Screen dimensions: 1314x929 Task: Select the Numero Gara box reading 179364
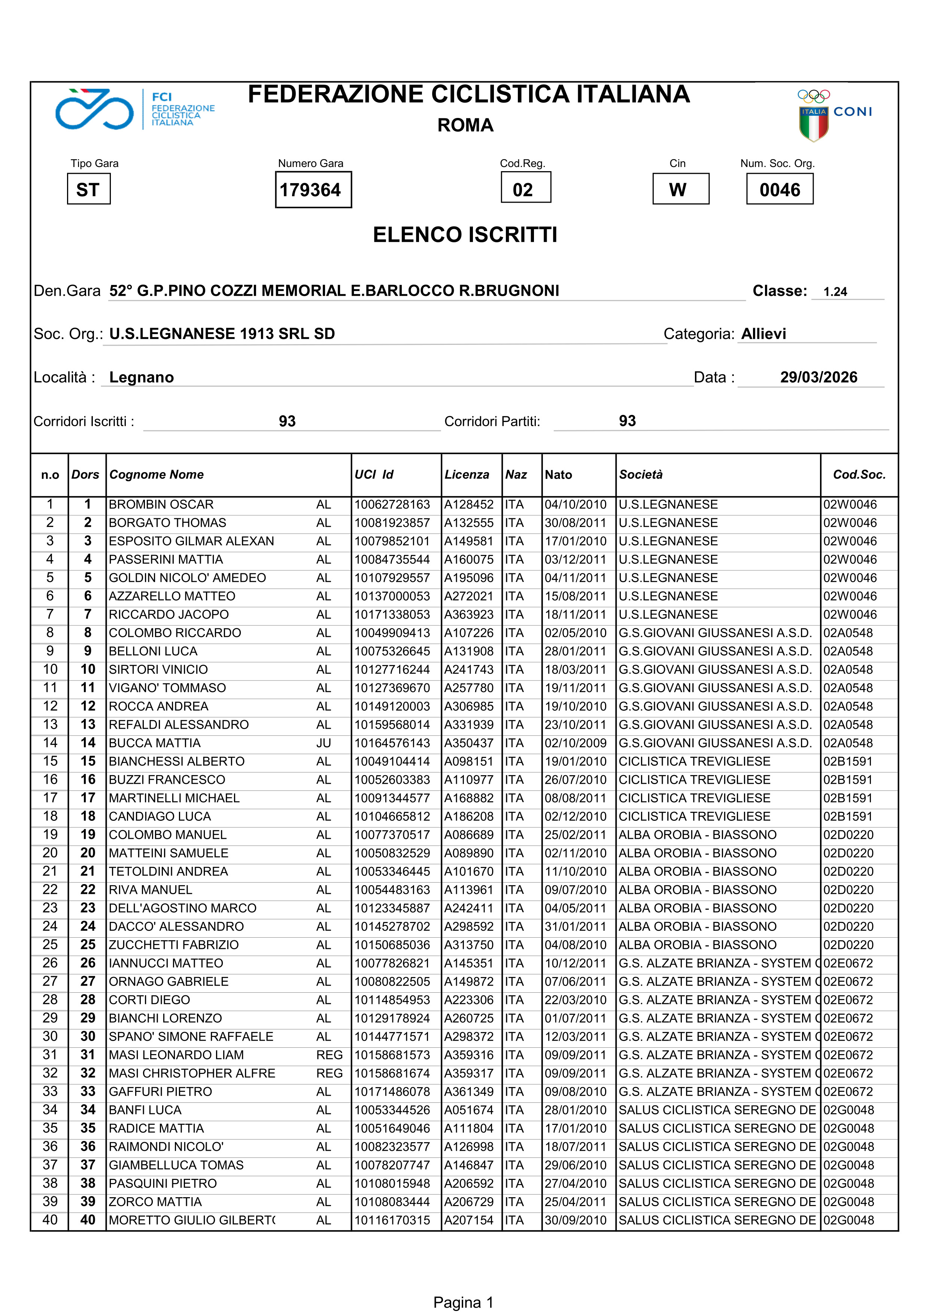(313, 190)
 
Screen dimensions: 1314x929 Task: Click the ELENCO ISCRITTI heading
(465, 235)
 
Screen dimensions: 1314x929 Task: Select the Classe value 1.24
(835, 291)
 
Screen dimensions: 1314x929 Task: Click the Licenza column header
(467, 474)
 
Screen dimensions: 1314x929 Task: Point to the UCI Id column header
(374, 474)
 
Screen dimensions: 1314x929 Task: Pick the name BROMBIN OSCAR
(161, 504)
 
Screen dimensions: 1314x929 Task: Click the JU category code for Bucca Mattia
(324, 743)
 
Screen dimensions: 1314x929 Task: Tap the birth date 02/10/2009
(575, 743)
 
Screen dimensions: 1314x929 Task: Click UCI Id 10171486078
(392, 1091)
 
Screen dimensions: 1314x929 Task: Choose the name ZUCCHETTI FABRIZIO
(173, 945)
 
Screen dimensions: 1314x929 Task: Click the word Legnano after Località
(142, 377)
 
